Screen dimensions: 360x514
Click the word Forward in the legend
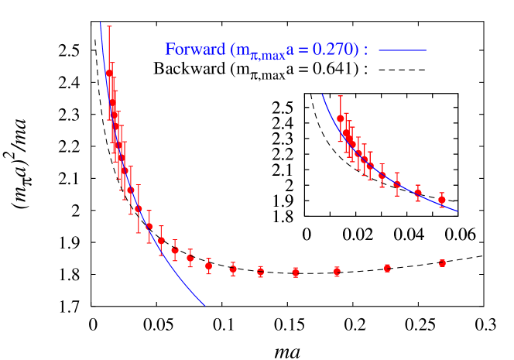pos(194,50)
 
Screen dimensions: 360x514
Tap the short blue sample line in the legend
pos(403,50)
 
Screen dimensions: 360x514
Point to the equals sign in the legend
pos(304,50)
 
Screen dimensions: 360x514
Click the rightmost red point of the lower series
pos(442,263)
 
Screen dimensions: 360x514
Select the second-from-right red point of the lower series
pos(387,268)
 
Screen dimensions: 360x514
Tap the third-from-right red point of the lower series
pos(337,272)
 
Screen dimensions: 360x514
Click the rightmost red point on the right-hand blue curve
pos(442,200)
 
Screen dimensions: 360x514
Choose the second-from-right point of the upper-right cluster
pos(418,193)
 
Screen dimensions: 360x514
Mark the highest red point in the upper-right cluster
pos(341,118)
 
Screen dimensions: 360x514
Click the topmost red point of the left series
pos(109,73)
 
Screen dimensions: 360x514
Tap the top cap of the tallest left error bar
pos(109,26)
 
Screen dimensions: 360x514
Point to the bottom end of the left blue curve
pos(205,305)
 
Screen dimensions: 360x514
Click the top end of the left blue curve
pos(101,23)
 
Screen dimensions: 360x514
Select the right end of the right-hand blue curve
pos(457,211)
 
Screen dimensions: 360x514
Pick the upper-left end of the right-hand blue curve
pos(323,94)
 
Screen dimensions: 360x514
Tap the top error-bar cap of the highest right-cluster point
pos(341,96)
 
